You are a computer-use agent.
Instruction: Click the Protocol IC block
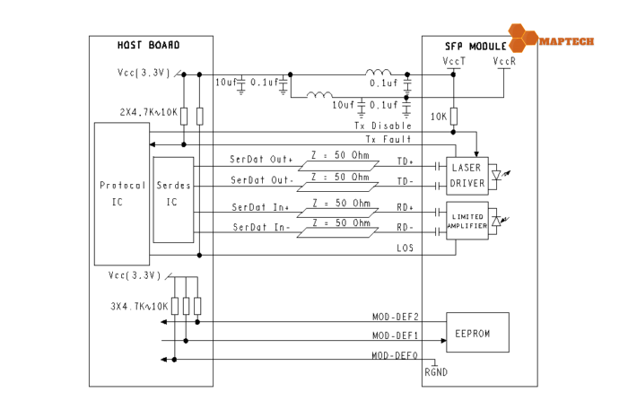click(123, 193)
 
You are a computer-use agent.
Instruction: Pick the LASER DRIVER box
click(467, 176)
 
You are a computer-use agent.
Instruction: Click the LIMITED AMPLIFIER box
click(467, 222)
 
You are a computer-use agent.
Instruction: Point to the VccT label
click(454, 61)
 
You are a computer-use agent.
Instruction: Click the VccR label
click(503, 61)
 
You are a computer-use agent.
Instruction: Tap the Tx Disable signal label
click(389, 126)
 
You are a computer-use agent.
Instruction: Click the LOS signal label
click(405, 248)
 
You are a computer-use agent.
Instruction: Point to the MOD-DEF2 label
click(394, 317)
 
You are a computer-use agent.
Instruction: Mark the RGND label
click(436, 372)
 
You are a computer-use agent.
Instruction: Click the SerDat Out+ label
click(261, 160)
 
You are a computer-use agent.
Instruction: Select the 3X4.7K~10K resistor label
click(135, 306)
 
